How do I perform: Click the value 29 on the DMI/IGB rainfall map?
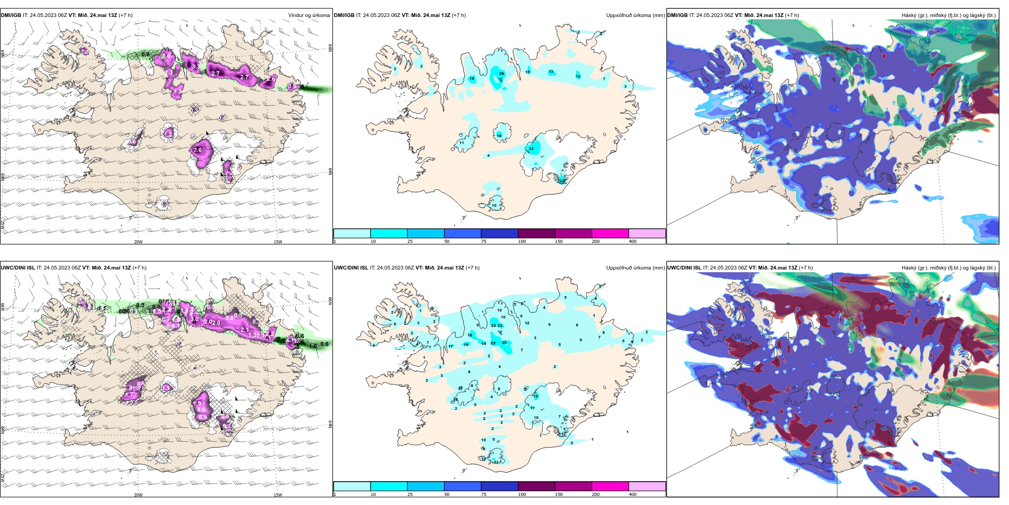(501, 74)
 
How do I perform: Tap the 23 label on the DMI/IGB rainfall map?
(531, 149)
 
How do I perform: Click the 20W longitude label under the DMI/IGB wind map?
(138, 242)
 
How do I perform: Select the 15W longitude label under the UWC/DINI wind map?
(278, 495)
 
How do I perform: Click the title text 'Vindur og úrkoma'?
(309, 15)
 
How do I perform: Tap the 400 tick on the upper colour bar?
(632, 241)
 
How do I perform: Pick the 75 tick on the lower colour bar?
(483, 494)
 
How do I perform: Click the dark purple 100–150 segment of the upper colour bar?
(536, 233)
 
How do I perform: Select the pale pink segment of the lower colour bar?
(647, 486)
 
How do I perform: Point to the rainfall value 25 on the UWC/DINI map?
(493, 343)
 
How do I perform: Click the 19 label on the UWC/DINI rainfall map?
(466, 345)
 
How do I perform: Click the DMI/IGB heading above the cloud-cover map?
(677, 15)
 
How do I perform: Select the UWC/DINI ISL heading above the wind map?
(18, 268)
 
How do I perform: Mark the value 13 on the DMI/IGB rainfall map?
(551, 72)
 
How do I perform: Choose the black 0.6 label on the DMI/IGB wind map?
(146, 55)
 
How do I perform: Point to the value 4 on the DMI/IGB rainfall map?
(489, 156)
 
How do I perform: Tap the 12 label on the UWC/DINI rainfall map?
(527, 323)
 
